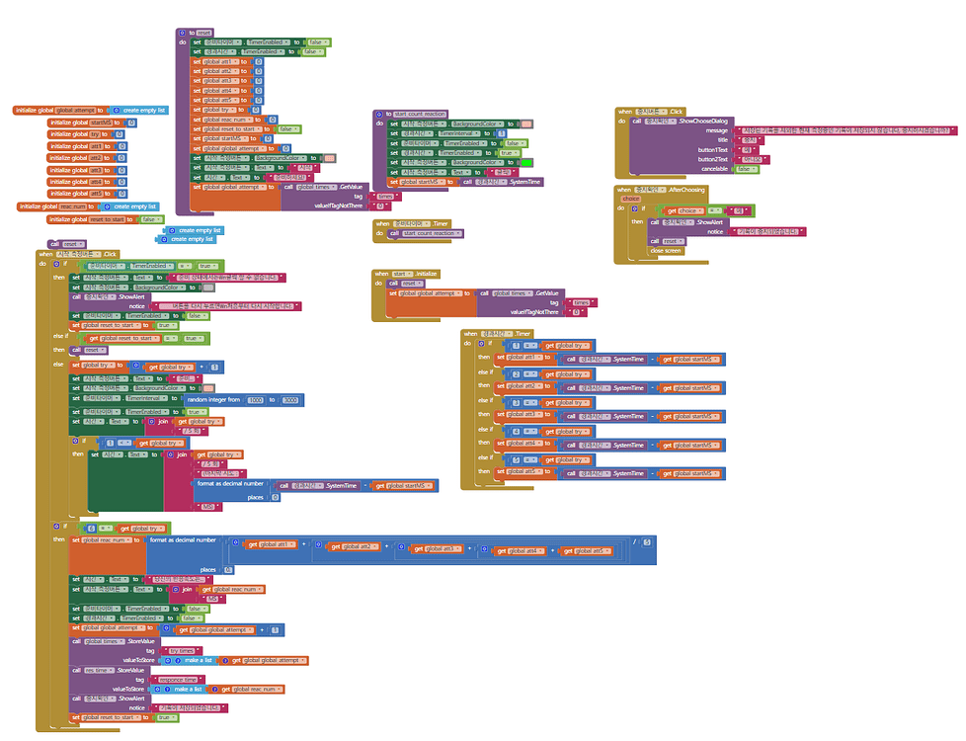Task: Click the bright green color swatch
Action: point(526,162)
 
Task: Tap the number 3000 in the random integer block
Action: point(290,399)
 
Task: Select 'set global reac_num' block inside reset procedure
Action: point(219,119)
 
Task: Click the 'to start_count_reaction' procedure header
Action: point(413,115)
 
